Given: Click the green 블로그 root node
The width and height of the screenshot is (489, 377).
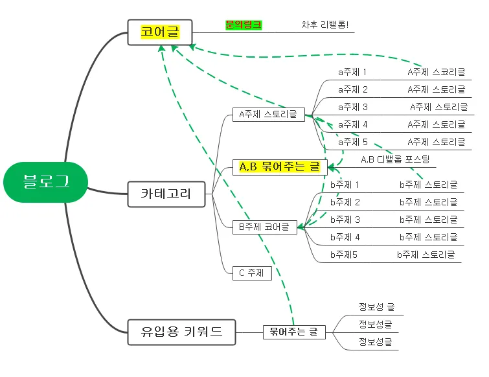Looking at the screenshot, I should [x=45, y=182].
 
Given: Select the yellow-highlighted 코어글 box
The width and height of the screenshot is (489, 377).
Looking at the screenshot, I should [x=159, y=32].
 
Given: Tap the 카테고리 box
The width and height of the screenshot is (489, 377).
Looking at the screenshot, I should [x=166, y=193].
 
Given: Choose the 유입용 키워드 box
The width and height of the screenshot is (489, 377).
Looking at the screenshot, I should [x=181, y=332].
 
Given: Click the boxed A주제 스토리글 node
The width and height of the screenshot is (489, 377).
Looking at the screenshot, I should [x=268, y=115].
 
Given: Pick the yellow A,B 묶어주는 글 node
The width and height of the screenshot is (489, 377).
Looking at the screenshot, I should [x=279, y=167].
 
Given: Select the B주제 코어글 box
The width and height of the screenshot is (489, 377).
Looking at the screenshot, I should [x=264, y=227].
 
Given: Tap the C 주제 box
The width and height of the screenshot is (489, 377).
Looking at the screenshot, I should [x=251, y=273].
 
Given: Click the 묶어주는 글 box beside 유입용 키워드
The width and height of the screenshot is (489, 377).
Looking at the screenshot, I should [x=294, y=332].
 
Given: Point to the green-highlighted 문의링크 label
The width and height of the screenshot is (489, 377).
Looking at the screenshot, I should [x=244, y=25].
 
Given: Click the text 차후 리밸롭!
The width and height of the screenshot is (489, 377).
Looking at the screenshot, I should [x=325, y=25].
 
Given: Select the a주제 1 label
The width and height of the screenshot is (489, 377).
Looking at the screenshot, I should [x=352, y=72].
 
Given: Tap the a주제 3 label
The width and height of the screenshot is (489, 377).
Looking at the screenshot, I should [x=352, y=107].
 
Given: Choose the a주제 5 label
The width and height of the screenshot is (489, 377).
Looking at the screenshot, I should [x=352, y=142].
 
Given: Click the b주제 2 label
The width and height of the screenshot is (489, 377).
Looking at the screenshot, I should [x=345, y=202].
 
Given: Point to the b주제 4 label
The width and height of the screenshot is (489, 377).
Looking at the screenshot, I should [x=345, y=237].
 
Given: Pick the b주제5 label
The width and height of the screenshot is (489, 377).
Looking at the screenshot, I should [x=343, y=255].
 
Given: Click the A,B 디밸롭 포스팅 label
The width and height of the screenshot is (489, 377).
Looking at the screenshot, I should [x=395, y=159].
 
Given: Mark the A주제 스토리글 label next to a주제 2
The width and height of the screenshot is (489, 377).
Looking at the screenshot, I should [x=436, y=89].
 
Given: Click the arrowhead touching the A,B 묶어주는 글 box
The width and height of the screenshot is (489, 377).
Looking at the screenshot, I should [x=332, y=167].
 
